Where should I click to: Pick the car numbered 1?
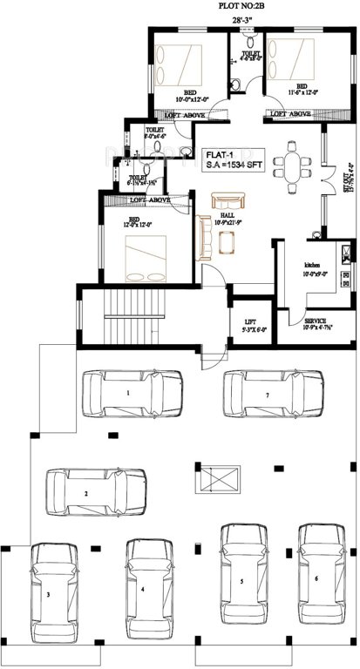point(132,395)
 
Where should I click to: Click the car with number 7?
point(269,395)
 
